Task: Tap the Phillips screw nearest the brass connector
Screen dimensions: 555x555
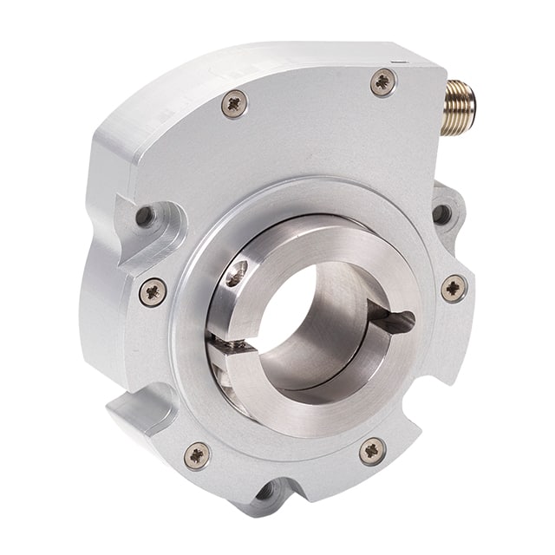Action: tap(382, 82)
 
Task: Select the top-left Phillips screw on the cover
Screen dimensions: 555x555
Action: tap(234, 104)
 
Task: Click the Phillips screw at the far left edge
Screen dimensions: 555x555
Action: tap(153, 291)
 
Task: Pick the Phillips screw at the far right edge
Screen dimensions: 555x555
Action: tap(454, 288)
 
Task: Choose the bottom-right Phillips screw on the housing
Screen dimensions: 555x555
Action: tap(373, 450)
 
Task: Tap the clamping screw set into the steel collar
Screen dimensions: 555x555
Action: tap(235, 275)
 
